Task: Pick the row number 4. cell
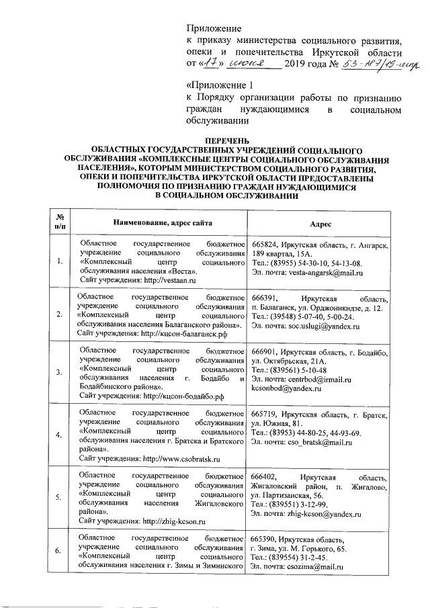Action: [x=61, y=435]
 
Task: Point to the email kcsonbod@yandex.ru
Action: [x=284, y=388]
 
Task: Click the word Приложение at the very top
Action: [x=213, y=28]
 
